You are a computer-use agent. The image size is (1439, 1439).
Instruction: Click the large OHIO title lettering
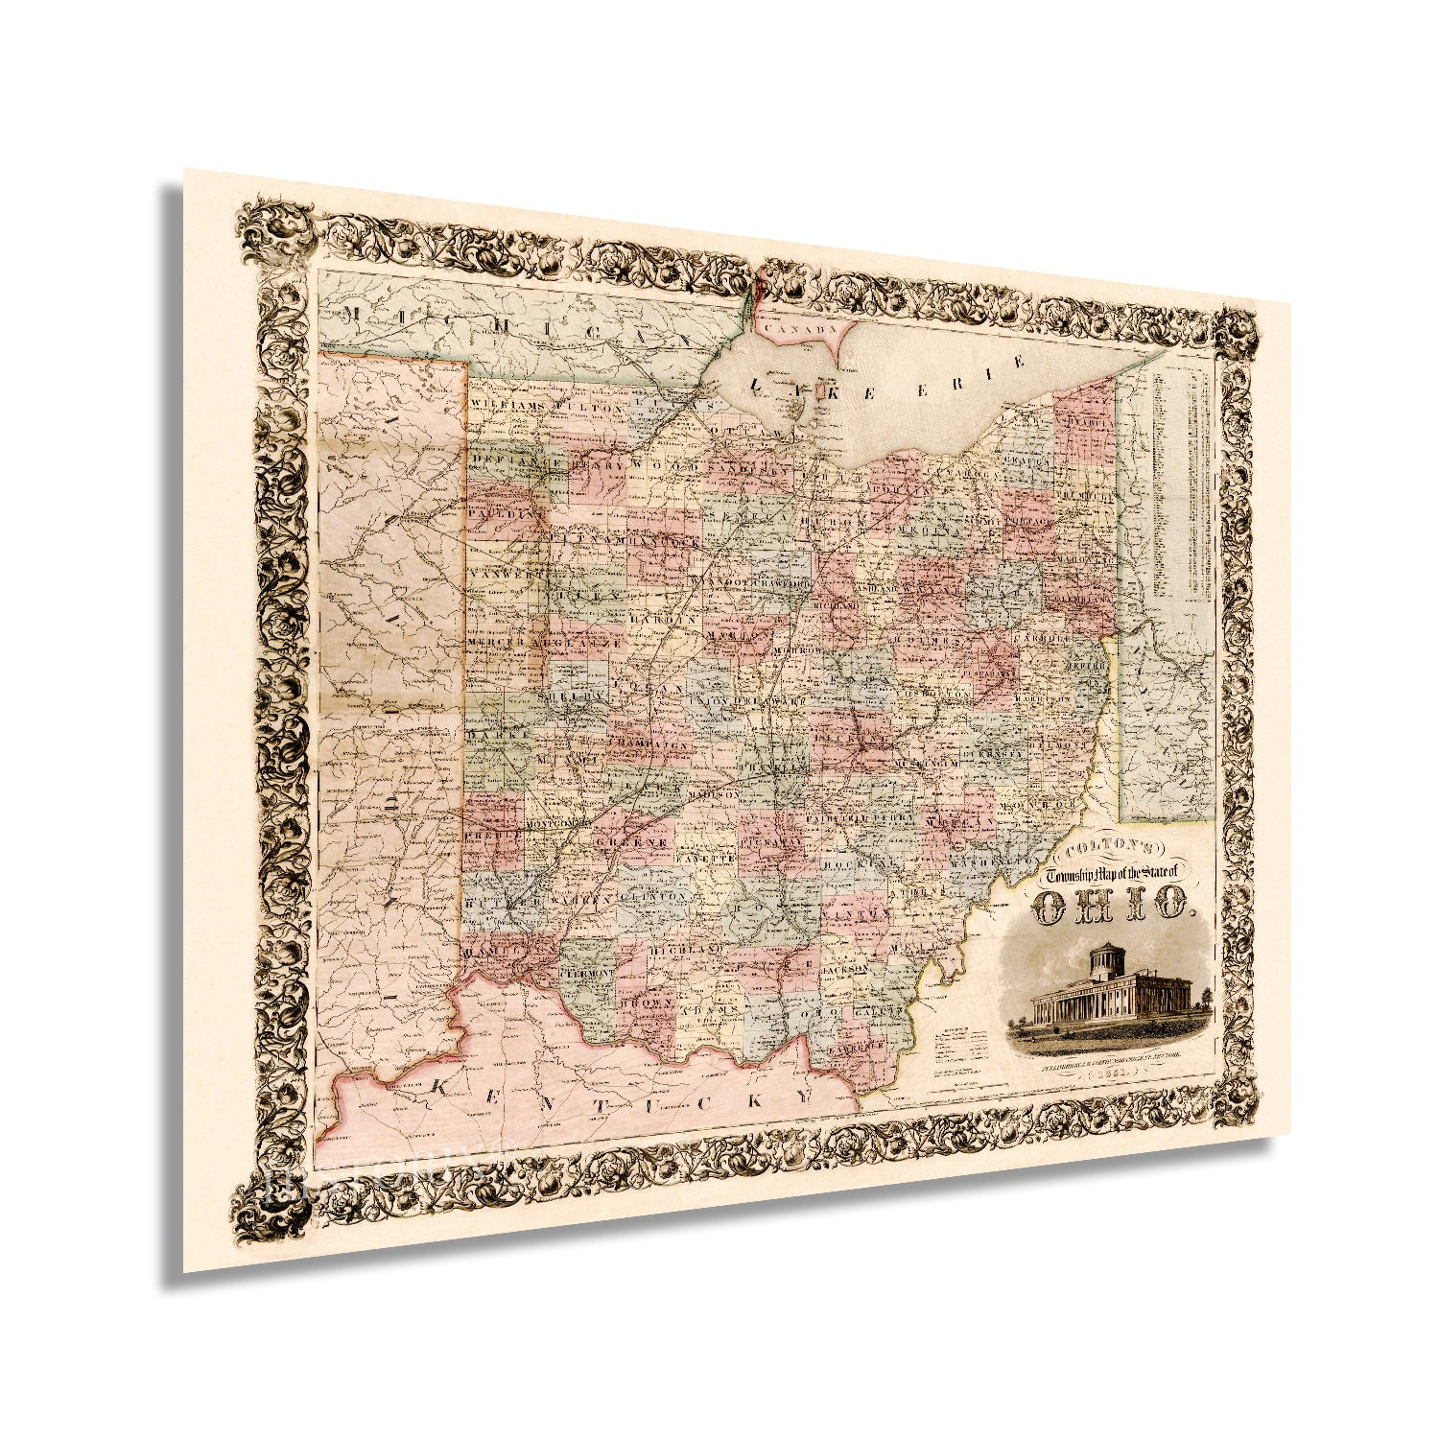coord(1113,906)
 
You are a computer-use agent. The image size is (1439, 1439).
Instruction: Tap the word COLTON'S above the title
coord(1112,849)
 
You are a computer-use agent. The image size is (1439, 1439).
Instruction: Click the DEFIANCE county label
coord(508,460)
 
